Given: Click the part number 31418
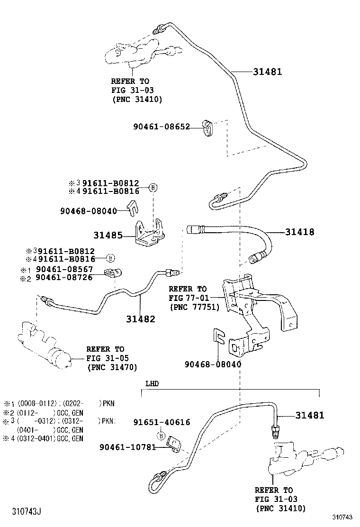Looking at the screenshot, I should pos(299,232).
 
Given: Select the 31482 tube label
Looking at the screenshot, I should pos(140,319).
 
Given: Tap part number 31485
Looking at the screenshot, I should pos(108,235).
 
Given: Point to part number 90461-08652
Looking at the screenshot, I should pos(161,127).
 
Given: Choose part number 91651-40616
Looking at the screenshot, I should pos(162,422).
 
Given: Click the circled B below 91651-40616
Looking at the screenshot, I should pos(161,436).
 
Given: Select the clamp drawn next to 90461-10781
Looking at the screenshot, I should pos(174,445).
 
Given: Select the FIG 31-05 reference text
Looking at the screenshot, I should pos(107,358).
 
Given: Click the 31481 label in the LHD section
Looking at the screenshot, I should pos(310,415).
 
